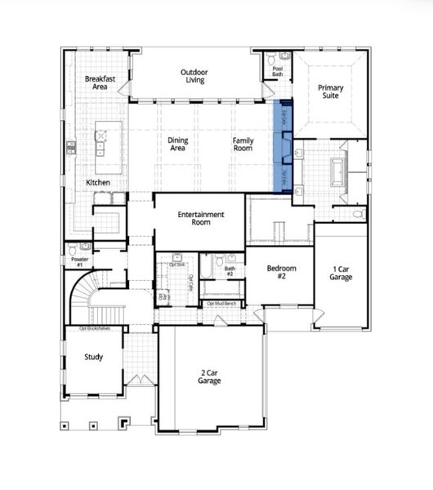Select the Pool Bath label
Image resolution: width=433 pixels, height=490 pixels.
[278, 70]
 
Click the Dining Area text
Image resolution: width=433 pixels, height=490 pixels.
[178, 145]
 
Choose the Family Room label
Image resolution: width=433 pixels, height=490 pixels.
[243, 145]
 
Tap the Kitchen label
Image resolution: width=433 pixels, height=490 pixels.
[99, 182]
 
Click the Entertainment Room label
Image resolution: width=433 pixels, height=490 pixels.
[200, 220]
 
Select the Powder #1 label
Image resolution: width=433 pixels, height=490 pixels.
[79, 262]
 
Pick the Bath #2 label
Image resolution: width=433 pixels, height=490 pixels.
[230, 270]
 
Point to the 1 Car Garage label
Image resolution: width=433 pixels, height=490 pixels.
[341, 274]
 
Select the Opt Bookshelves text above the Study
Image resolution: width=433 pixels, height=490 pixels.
[94, 328]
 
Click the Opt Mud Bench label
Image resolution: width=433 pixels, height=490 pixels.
[222, 304]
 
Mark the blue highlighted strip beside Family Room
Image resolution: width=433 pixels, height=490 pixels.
[283, 145]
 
